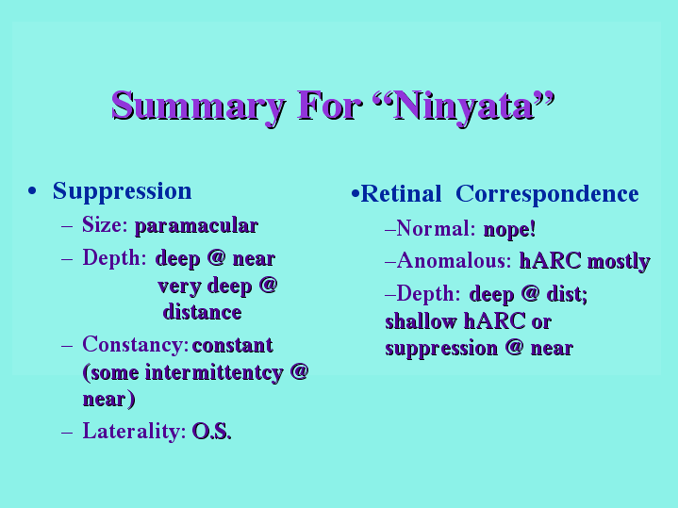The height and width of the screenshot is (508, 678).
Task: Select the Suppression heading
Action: [x=123, y=191]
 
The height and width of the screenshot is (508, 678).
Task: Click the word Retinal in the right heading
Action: [x=401, y=194]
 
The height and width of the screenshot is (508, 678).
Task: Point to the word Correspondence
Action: [x=548, y=194]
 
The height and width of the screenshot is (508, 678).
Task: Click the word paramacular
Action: [x=197, y=226]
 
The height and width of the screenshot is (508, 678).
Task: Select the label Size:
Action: [x=105, y=225]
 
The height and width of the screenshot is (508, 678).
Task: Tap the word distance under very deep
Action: [x=203, y=312]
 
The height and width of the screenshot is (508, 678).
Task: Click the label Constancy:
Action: [x=136, y=346]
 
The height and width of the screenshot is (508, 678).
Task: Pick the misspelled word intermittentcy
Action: [x=214, y=373]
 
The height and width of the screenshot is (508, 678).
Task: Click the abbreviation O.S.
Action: [x=212, y=432]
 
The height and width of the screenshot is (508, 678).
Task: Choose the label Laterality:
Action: [x=135, y=433]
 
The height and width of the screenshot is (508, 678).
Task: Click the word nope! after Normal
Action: [x=510, y=229]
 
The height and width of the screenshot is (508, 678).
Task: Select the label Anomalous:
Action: [x=454, y=261]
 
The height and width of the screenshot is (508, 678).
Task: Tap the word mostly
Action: [x=620, y=262]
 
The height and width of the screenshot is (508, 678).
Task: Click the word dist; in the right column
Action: [x=568, y=295]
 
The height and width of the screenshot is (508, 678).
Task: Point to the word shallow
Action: [x=421, y=321]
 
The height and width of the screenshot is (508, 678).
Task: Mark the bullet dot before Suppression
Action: [x=31, y=191]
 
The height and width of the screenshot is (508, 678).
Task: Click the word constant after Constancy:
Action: [x=233, y=346]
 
